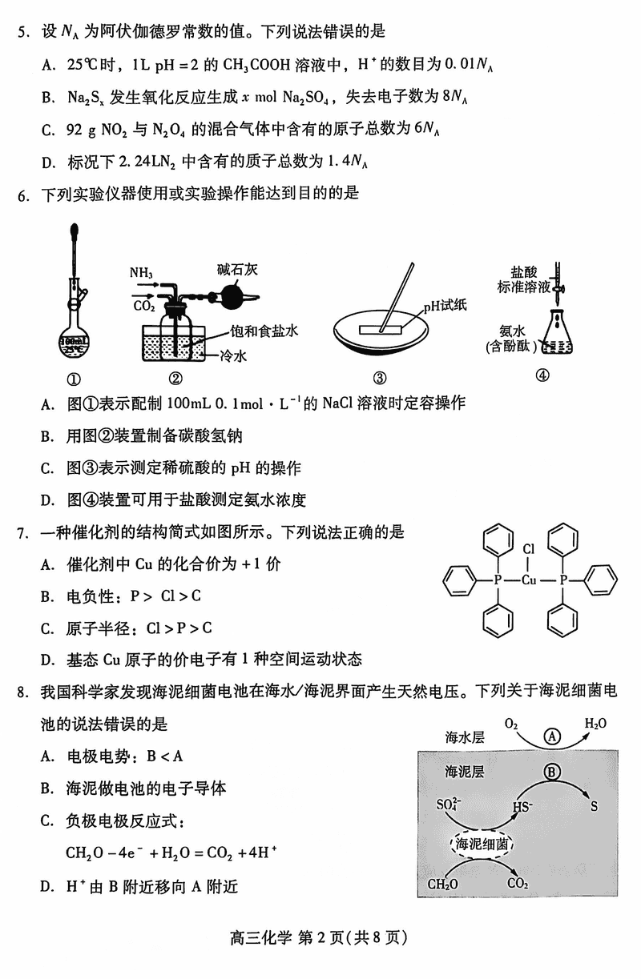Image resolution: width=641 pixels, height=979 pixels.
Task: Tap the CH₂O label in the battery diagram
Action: pyautogui.click(x=443, y=884)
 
